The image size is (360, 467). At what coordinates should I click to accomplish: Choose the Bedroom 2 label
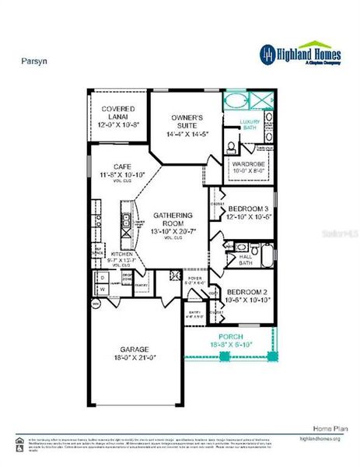click(x=248, y=294)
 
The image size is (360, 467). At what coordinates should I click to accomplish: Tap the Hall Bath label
click(x=246, y=258)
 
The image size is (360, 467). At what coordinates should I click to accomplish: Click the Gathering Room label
click(x=167, y=221)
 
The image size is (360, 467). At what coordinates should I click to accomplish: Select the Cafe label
click(x=121, y=167)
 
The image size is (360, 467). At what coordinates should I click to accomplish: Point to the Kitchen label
click(x=122, y=255)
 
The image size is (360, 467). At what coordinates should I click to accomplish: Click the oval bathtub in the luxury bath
click(x=234, y=102)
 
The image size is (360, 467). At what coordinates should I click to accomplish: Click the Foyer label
click(x=194, y=279)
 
